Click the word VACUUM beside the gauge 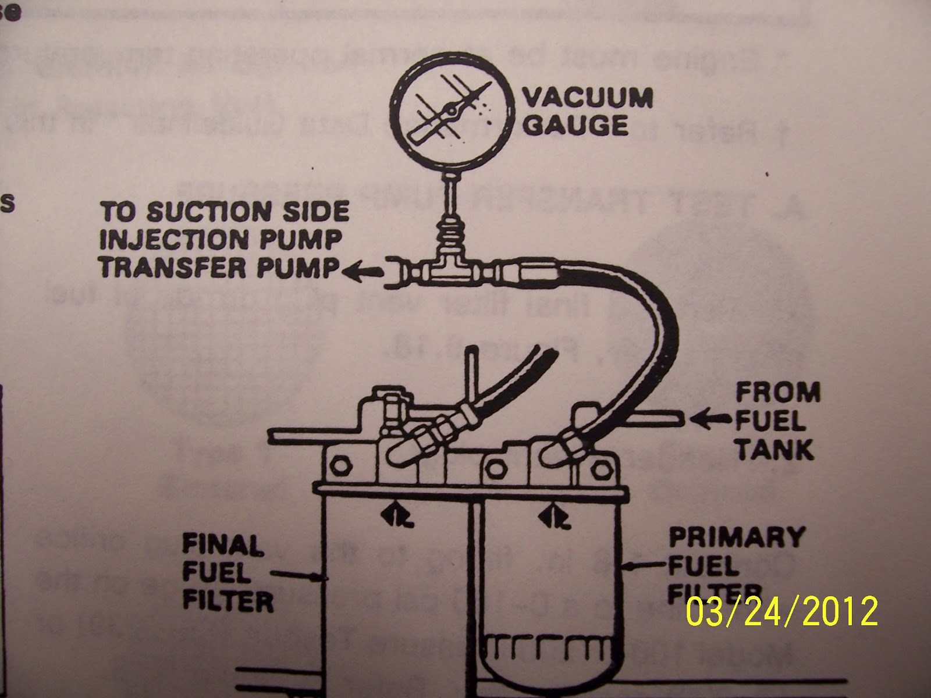point(588,98)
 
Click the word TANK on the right point(774,449)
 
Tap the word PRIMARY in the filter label point(737,537)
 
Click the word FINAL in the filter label point(223,546)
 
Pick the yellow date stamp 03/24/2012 point(781,611)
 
